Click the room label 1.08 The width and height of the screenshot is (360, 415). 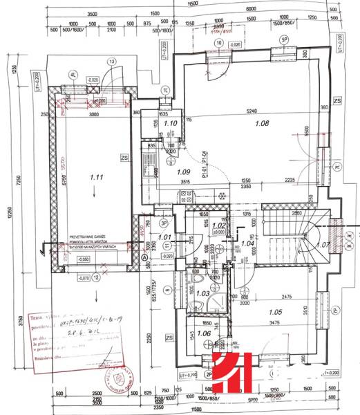[260, 124]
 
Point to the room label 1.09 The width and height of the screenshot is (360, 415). [182, 172]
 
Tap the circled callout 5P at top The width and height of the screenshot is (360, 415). [283, 40]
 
